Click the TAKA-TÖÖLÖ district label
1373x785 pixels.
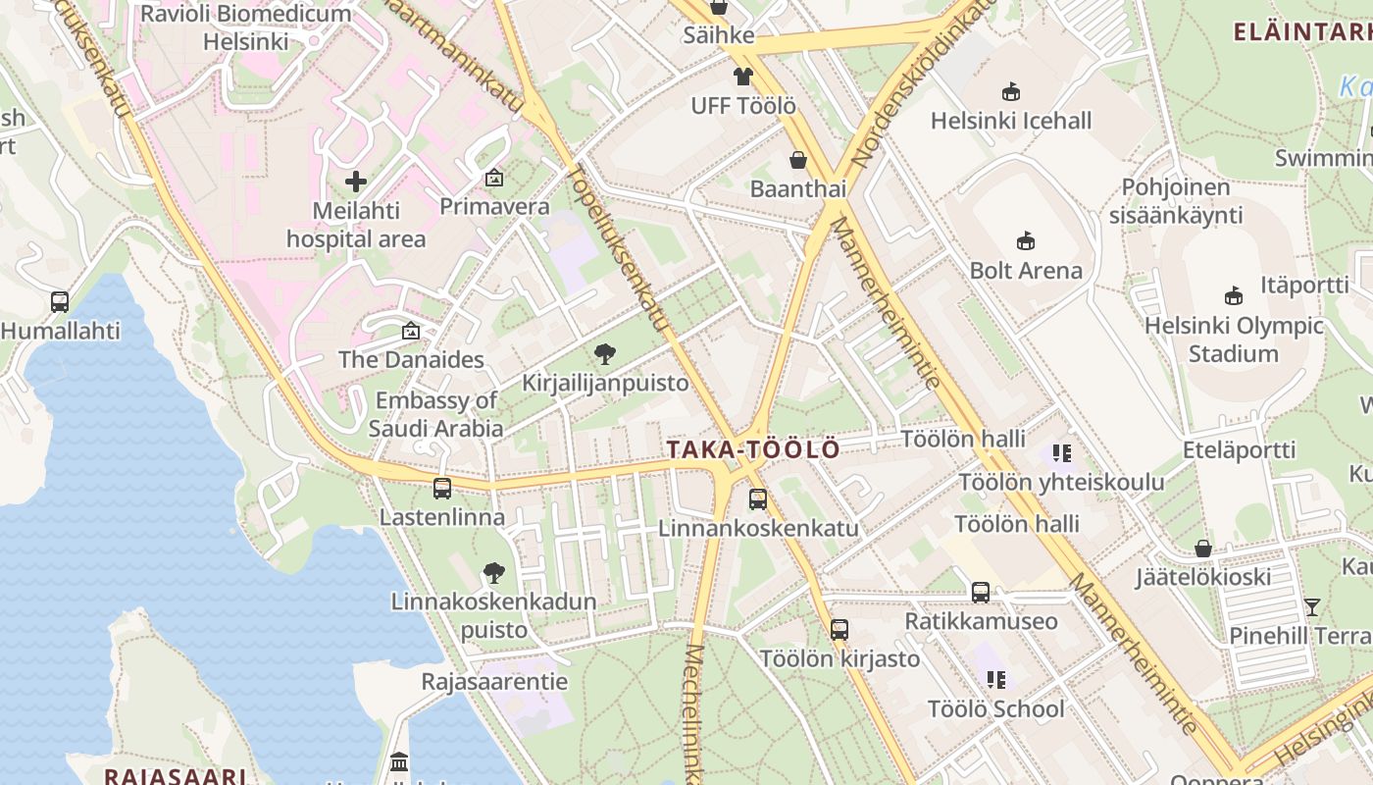[x=753, y=449]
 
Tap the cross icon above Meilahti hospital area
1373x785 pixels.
[x=356, y=182]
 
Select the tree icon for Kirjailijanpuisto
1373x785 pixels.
[x=605, y=354]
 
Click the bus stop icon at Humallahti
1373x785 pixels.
[x=60, y=302]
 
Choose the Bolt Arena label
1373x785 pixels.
[x=1026, y=270]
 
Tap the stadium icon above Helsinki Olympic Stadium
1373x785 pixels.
[x=1233, y=295]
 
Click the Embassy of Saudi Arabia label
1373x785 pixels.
[x=436, y=414]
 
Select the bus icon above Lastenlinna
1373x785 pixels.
[x=442, y=488]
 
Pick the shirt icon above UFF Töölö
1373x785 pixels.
[x=742, y=77]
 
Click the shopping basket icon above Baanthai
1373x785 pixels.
[x=798, y=160]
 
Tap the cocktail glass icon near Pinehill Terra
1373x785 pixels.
[x=1312, y=606]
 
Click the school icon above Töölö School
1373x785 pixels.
[x=996, y=679]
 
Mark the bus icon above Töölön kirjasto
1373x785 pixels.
[x=839, y=630]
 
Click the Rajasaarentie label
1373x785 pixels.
[x=494, y=681]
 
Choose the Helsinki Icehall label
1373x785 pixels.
[x=1011, y=121]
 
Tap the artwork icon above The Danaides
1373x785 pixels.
[x=411, y=332]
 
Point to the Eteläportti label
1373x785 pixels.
[x=1239, y=450]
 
